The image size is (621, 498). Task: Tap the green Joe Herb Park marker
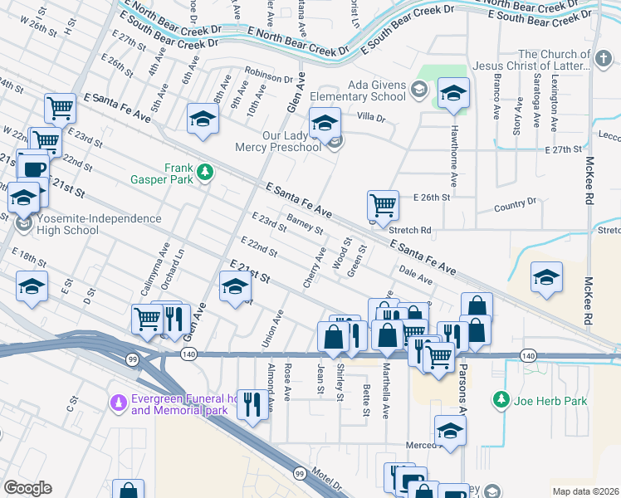pyautogui.click(x=501, y=401)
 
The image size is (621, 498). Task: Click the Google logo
pyautogui.click(x=27, y=488)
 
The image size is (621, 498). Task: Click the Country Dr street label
pyautogui.click(x=516, y=204)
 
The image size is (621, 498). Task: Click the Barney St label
pyautogui.click(x=305, y=224)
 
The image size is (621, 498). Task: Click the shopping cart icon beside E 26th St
pyautogui.click(x=382, y=204)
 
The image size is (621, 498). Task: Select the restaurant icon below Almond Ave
pyautogui.click(x=252, y=404)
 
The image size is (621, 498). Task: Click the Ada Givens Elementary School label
pyautogui.click(x=366, y=91)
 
